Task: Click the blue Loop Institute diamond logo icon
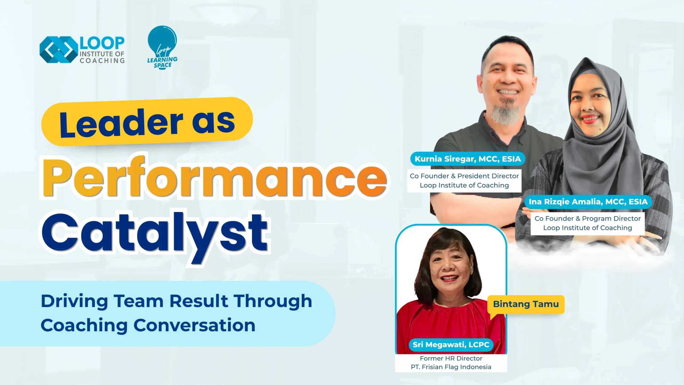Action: pyautogui.click(x=59, y=49)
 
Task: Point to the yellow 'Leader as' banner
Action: pyautogui.click(x=147, y=122)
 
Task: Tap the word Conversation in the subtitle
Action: pyautogui.click(x=195, y=325)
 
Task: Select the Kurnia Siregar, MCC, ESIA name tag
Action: pyautogui.click(x=468, y=159)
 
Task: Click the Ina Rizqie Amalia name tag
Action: pyautogui.click(x=588, y=202)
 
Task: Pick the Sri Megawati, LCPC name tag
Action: pyautogui.click(x=451, y=345)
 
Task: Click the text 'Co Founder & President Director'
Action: pyautogui.click(x=464, y=176)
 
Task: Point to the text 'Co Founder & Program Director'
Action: pyautogui.click(x=588, y=218)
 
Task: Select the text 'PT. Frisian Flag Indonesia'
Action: pyautogui.click(x=451, y=367)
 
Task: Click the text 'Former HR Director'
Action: pyautogui.click(x=451, y=358)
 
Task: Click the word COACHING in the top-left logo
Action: pyautogui.click(x=102, y=61)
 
